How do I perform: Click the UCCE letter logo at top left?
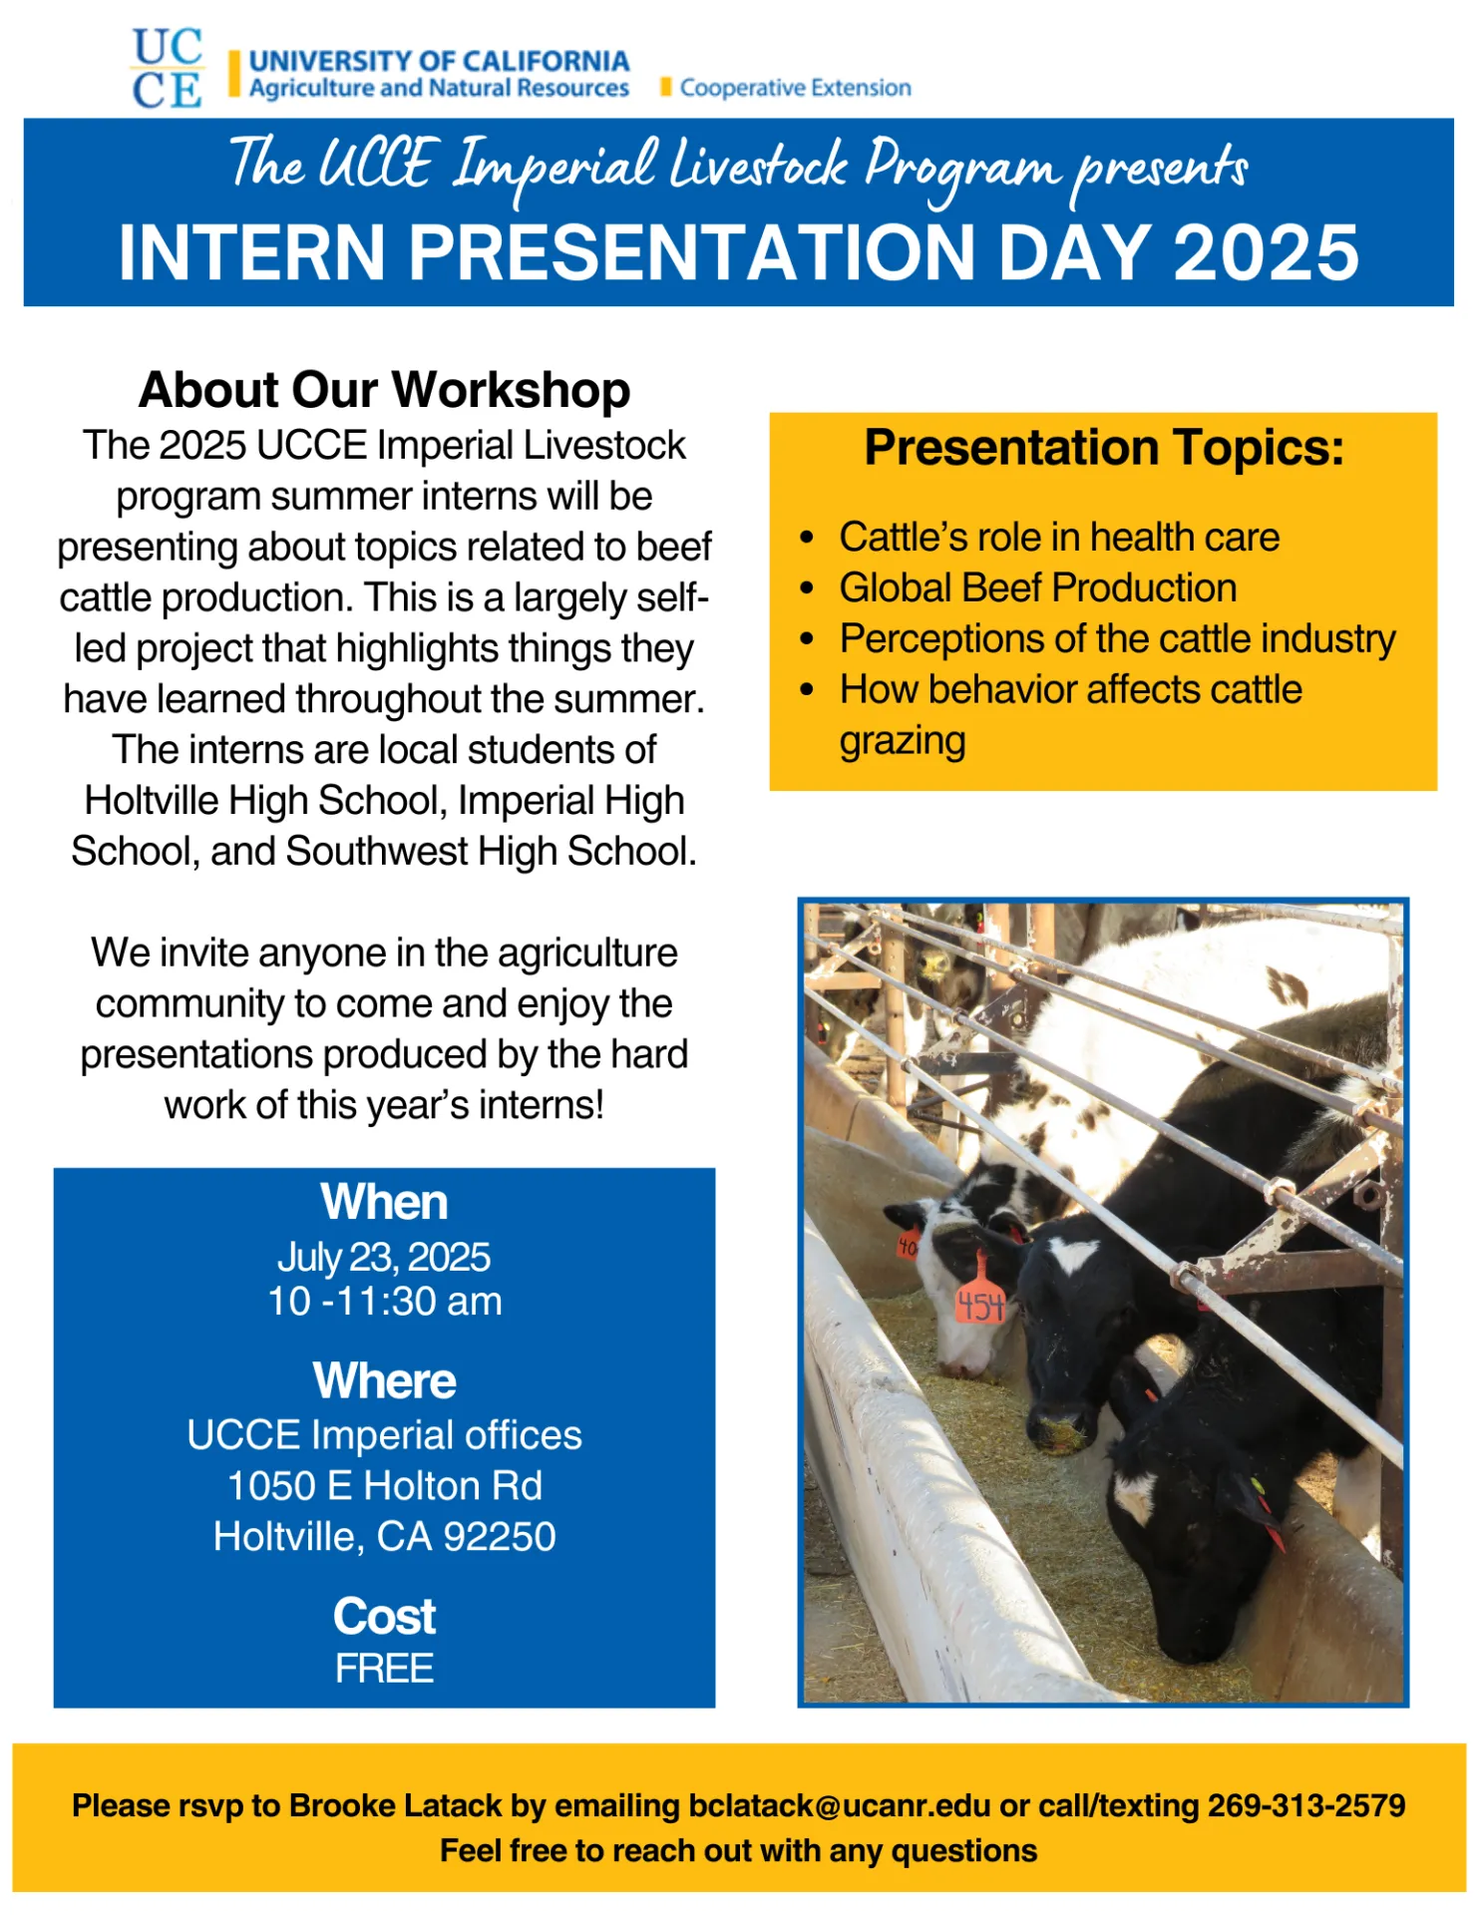tap(167, 68)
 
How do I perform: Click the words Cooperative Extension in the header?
tap(795, 88)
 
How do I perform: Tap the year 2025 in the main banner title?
tap(1266, 252)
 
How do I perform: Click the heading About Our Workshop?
tap(384, 390)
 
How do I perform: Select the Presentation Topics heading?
tap(1103, 448)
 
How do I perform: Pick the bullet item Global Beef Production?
tap(1037, 588)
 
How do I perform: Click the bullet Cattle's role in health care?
tap(1058, 538)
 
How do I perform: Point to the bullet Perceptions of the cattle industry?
tap(1117, 639)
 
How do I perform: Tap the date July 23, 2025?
tap(384, 1258)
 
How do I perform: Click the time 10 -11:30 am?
tap(384, 1302)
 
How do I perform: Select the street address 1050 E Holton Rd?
tap(384, 1486)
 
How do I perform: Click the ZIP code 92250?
tap(500, 1537)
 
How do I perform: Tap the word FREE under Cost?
tap(384, 1669)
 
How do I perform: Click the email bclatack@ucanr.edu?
tap(840, 1806)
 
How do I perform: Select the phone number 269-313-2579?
tap(1306, 1806)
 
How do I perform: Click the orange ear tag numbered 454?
tap(980, 1304)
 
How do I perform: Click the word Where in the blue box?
tap(384, 1381)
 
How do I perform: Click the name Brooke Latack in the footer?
tap(395, 1806)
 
